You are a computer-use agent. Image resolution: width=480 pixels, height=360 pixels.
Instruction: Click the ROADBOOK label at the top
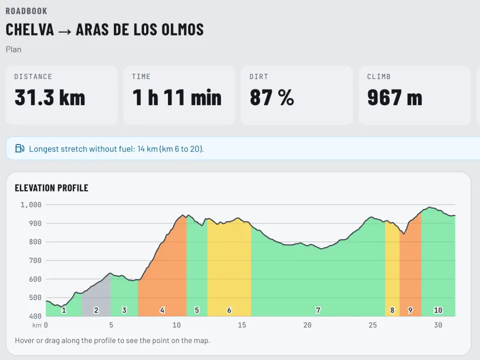click(x=26, y=11)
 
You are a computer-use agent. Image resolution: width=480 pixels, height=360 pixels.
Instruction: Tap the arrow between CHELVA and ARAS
click(x=64, y=31)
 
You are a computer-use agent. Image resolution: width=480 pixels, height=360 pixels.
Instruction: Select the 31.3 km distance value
click(x=50, y=97)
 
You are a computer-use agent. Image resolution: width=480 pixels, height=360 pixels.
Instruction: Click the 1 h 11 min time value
click(x=177, y=97)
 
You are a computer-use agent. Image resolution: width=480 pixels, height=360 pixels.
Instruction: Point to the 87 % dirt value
click(x=272, y=97)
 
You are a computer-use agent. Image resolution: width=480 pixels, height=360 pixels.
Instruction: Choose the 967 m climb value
click(x=395, y=97)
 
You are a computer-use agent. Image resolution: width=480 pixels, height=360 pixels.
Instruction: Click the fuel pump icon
click(x=20, y=148)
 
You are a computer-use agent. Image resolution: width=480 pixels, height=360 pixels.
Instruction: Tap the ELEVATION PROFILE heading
click(x=51, y=188)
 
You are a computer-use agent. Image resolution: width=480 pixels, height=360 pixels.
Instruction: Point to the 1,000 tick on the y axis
click(x=31, y=205)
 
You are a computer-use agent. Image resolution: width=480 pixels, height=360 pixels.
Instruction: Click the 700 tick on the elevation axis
click(x=35, y=261)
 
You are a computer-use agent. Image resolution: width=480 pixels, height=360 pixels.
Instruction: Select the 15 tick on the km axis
click(x=242, y=325)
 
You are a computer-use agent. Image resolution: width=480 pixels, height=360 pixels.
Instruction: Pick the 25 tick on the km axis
click(x=373, y=325)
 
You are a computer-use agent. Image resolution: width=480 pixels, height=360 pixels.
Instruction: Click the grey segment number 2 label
click(x=96, y=310)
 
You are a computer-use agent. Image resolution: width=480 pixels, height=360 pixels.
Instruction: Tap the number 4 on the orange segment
click(x=162, y=310)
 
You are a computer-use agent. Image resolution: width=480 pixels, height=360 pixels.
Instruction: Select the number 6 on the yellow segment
click(x=229, y=310)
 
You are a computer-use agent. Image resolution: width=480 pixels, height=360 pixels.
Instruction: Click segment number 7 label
click(x=318, y=310)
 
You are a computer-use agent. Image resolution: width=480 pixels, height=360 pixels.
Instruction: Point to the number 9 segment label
click(x=410, y=310)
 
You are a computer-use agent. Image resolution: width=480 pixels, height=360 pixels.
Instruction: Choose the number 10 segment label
click(x=438, y=310)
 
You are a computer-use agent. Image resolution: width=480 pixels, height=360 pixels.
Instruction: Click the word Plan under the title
click(x=14, y=50)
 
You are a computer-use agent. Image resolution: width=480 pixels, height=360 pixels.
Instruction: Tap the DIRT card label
click(x=259, y=76)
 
